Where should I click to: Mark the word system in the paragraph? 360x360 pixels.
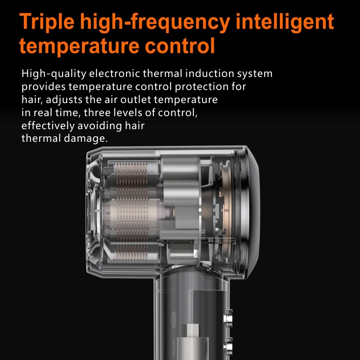pos(256,74)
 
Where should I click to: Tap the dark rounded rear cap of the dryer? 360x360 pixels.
pos(251,202)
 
